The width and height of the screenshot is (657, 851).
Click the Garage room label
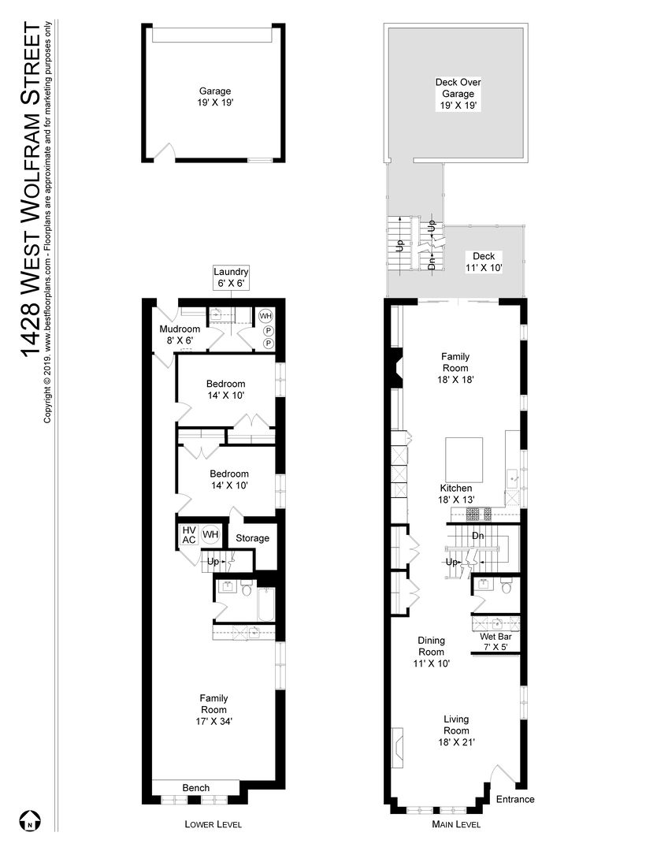click(x=214, y=97)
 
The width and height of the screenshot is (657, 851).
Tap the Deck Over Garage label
click(x=458, y=93)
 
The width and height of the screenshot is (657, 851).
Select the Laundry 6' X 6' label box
click(x=230, y=277)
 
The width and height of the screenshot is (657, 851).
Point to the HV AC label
click(x=189, y=535)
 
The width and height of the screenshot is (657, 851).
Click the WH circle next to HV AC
click(x=210, y=535)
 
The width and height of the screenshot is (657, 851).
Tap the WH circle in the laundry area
click(x=266, y=316)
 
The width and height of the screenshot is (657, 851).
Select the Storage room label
click(x=253, y=538)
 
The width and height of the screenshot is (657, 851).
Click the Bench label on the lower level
click(x=195, y=788)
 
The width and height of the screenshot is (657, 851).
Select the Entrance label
click(x=515, y=799)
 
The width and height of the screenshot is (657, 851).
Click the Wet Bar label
click(x=495, y=642)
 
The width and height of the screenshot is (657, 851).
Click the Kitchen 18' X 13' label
click(x=455, y=493)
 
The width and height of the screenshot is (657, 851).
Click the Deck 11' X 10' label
click(x=483, y=262)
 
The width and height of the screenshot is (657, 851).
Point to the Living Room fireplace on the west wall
click(x=398, y=746)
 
